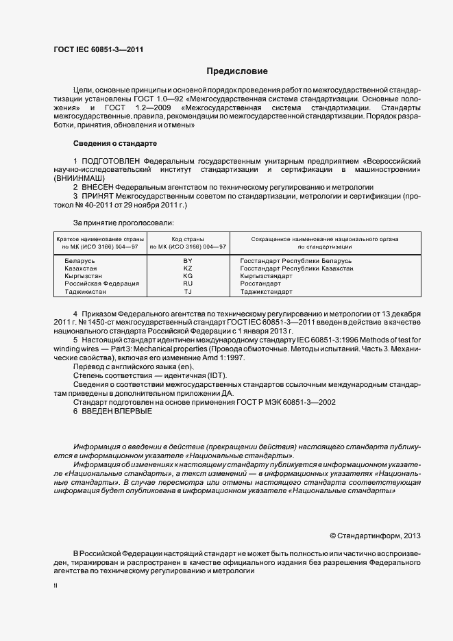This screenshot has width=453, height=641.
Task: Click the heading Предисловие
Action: (238, 71)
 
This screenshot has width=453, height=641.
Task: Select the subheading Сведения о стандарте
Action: (115, 143)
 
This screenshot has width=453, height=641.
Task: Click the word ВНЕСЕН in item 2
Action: (97, 187)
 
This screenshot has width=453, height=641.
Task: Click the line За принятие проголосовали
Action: (123, 223)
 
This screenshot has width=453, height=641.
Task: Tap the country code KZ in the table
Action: (188, 269)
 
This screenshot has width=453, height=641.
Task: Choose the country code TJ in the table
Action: (188, 291)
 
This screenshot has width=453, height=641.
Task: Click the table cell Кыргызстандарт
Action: (267, 276)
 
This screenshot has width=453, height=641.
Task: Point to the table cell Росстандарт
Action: (260, 284)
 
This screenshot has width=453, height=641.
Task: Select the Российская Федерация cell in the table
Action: (101, 284)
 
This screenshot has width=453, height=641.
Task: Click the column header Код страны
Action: (188, 239)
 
